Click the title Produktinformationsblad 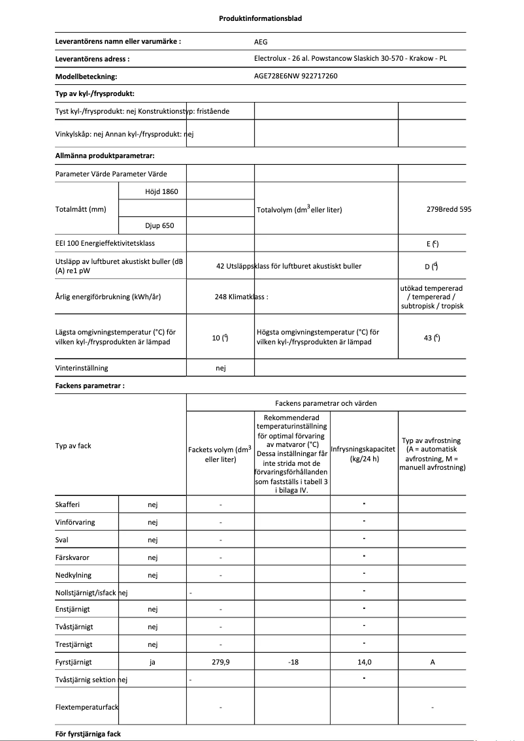pos(260,18)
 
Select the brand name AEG pos(261,41)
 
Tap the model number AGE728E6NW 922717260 pos(295,76)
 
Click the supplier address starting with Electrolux pos(350,58)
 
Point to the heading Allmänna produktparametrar pos(105,156)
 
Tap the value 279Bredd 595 pos(448,209)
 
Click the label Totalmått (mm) pos(81,209)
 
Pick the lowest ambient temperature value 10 pos(220,337)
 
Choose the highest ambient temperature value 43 pos(431,337)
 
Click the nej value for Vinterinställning pos(220,368)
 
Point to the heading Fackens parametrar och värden pos(325,403)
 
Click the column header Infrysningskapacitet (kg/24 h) pos(364,453)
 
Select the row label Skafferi pos(68,504)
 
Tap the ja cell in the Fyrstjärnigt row pos(152,662)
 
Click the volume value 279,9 pos(220,662)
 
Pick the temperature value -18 pos(293,662)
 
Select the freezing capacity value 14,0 pos(364,662)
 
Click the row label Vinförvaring pos(74,522)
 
